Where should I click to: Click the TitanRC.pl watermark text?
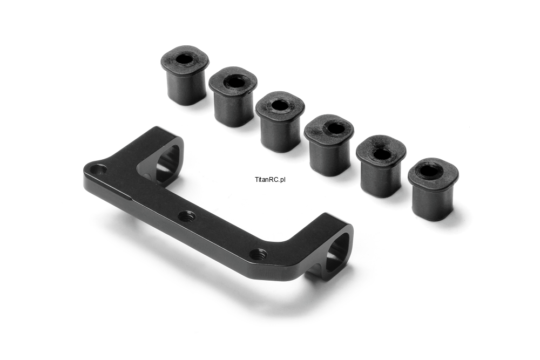[270, 179]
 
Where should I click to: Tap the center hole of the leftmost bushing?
[185, 59]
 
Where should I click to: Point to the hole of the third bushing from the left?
[280, 105]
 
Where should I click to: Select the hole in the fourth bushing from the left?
[332, 128]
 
